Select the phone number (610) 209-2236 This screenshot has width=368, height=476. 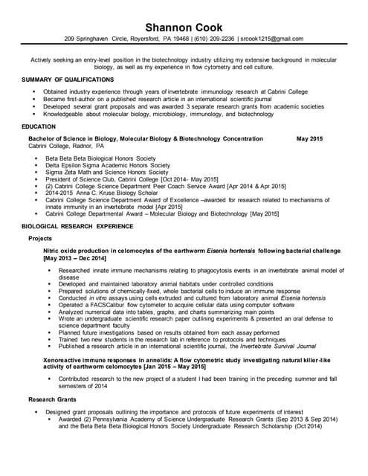pyautogui.click(x=214, y=39)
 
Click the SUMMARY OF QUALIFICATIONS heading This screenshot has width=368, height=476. pyautogui.click(x=68, y=79)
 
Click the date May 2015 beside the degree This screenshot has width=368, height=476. pyautogui.click(x=309, y=139)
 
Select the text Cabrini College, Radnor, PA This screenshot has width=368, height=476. pyautogui.click(x=66, y=147)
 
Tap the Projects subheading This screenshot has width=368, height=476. pyautogui.click(x=40, y=239)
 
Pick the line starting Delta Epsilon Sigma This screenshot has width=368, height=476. pyautogui.click(x=107, y=165)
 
